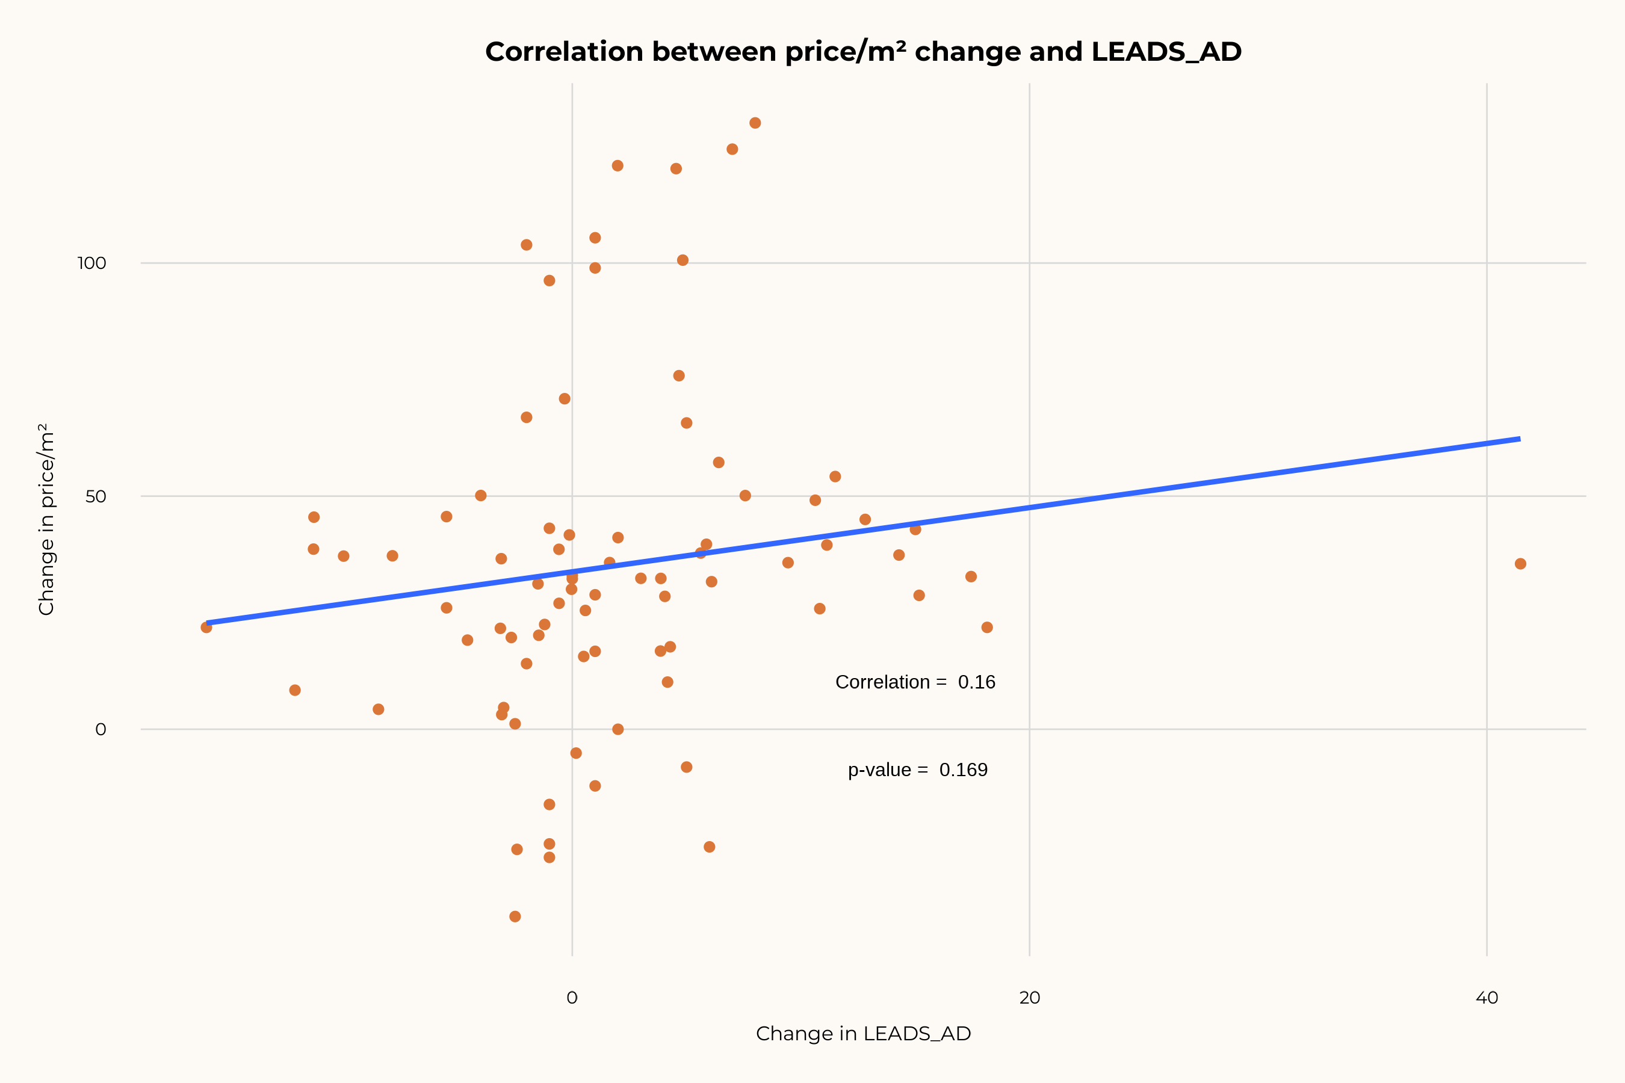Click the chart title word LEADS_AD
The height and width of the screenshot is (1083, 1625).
[x=1166, y=52]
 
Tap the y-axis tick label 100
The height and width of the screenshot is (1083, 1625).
[x=91, y=263]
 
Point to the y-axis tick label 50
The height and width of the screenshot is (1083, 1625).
[x=95, y=496]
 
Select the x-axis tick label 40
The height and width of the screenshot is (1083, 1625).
[x=1487, y=998]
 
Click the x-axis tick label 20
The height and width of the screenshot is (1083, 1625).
[x=1029, y=998]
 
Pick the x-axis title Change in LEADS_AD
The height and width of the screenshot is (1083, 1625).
[x=863, y=1034]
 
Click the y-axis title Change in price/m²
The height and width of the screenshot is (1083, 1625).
[x=46, y=519]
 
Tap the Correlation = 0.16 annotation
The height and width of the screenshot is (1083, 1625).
[x=915, y=682]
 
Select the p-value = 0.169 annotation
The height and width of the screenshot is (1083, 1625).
[x=917, y=770]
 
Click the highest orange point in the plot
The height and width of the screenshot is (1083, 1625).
[x=755, y=123]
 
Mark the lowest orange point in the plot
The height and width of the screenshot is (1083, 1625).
[x=515, y=916]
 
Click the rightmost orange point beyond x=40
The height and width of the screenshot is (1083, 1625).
[x=1520, y=564]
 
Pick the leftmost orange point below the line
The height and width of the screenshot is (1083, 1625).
[x=206, y=627]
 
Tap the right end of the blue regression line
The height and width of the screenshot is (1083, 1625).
[x=1519, y=439]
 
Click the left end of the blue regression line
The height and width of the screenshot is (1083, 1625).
[x=207, y=623]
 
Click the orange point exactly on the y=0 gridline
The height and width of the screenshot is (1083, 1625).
[x=617, y=729]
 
